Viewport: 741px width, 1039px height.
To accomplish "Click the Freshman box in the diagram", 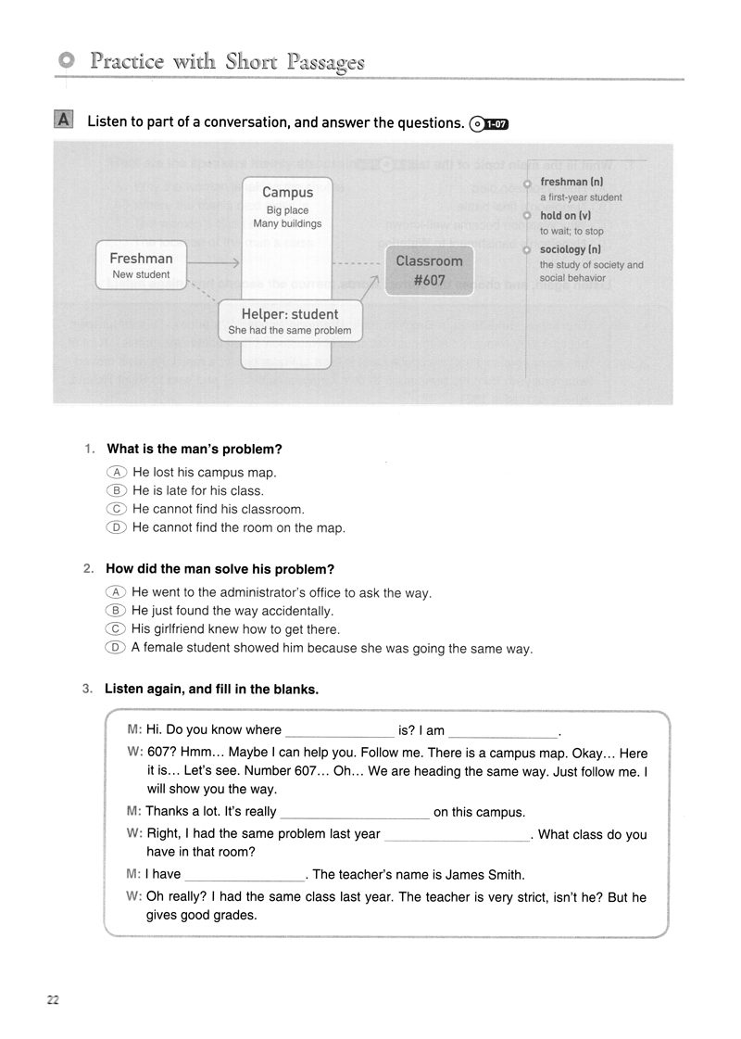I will coord(141,265).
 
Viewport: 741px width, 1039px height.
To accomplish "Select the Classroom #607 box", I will coord(429,270).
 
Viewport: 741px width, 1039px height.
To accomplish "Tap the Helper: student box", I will coord(290,321).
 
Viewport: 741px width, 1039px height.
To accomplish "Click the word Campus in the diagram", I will coord(287,192).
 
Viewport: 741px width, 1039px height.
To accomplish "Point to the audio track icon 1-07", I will coord(490,123).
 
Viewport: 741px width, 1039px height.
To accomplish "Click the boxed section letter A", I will coord(63,120).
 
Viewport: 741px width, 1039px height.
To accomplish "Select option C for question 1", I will coord(116,509).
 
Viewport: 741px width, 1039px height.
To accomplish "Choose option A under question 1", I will coord(116,472).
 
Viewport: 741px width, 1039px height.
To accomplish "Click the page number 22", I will coord(53,999).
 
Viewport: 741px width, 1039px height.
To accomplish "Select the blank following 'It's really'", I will coord(354,813).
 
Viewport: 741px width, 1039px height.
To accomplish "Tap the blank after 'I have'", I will coord(245,874).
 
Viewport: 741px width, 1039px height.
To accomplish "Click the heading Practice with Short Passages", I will coord(227,61).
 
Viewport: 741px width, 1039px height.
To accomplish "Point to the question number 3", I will coord(87,689).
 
